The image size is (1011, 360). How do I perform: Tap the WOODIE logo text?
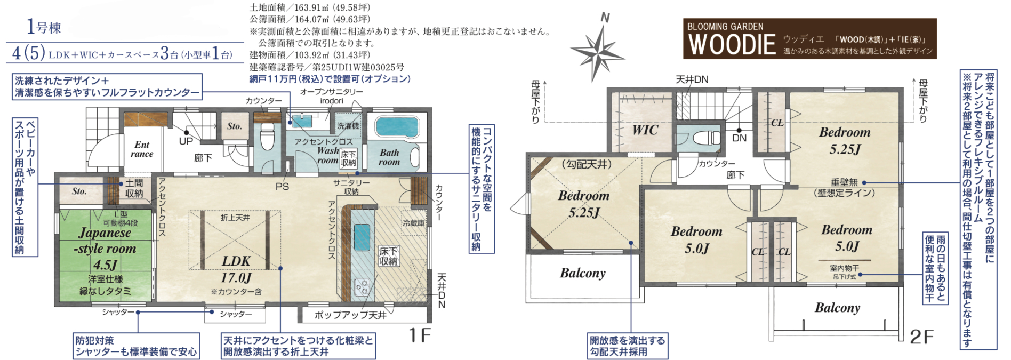click(732, 44)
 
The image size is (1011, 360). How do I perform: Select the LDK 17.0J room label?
click(236, 269)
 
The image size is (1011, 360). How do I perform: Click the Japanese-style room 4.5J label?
click(105, 249)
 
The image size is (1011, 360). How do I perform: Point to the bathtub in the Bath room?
click(397, 127)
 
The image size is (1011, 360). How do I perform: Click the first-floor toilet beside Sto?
click(267, 137)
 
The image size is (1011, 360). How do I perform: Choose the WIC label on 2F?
click(645, 130)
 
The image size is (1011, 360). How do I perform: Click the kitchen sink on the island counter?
click(362, 237)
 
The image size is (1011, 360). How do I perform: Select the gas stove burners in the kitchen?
click(362, 287)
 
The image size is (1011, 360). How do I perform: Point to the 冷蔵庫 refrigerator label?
click(414, 223)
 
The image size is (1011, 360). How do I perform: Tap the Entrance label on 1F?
click(142, 149)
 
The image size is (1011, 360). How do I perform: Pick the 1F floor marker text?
click(420, 335)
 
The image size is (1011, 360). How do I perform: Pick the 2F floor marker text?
click(922, 337)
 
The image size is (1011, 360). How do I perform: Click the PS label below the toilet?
click(282, 187)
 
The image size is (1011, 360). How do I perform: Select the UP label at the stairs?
click(186, 141)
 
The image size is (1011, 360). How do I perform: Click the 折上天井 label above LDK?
click(235, 218)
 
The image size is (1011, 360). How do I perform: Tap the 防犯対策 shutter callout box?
click(137, 346)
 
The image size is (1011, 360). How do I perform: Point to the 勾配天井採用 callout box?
click(628, 346)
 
